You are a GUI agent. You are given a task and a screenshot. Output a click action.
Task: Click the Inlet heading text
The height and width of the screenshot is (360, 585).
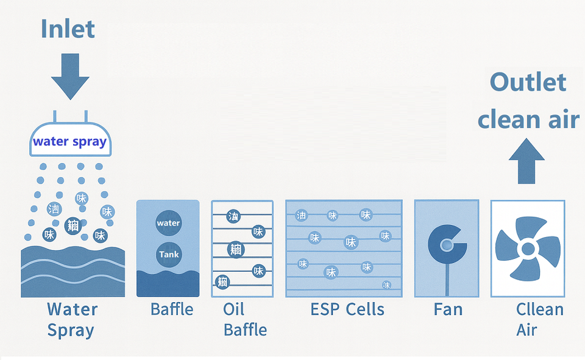click(68, 29)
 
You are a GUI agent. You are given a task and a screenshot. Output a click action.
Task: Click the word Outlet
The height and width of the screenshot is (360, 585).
click(528, 82)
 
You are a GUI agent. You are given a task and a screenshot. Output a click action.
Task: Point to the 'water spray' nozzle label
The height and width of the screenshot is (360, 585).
click(69, 142)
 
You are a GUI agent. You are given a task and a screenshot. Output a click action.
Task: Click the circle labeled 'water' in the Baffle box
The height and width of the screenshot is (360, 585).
click(168, 223)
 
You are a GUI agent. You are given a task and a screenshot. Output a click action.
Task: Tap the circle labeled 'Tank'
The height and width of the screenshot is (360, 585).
click(168, 254)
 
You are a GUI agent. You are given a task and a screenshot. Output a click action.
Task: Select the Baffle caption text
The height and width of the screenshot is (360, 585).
click(171, 309)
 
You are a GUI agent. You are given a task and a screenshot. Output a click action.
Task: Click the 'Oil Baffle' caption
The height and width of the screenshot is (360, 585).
click(244, 319)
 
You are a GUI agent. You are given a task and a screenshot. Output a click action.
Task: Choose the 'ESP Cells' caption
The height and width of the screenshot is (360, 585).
click(347, 309)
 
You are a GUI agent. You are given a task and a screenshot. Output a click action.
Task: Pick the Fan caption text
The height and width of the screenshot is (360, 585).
click(448, 309)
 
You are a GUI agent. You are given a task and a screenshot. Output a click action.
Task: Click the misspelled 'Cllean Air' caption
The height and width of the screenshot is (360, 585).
click(539, 319)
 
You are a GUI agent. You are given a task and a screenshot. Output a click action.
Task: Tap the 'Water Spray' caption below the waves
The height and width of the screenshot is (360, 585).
click(72, 319)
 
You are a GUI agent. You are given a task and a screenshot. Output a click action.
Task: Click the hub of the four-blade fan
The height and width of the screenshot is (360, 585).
click(527, 248)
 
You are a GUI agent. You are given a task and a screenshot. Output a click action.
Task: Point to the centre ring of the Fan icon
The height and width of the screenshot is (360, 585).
click(447, 245)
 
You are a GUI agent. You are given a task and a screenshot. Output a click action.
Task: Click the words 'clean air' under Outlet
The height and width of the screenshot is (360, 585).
click(528, 119)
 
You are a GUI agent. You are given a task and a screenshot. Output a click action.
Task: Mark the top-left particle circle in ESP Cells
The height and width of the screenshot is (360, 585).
click(302, 215)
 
